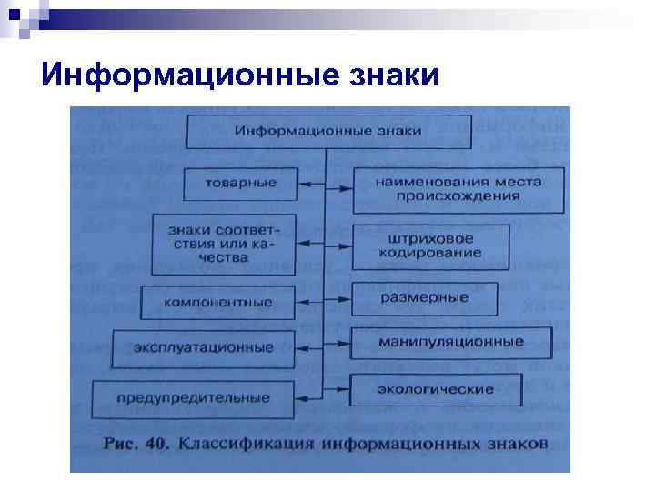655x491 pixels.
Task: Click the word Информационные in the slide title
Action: (x=188, y=75)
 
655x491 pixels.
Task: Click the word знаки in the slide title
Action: (x=394, y=75)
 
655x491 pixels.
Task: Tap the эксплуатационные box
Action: (x=204, y=347)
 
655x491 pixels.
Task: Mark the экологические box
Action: (x=436, y=389)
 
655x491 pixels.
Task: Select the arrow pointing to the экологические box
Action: (x=338, y=390)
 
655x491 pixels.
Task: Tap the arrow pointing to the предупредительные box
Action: (x=310, y=397)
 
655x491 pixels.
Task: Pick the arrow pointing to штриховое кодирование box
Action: (x=339, y=243)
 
